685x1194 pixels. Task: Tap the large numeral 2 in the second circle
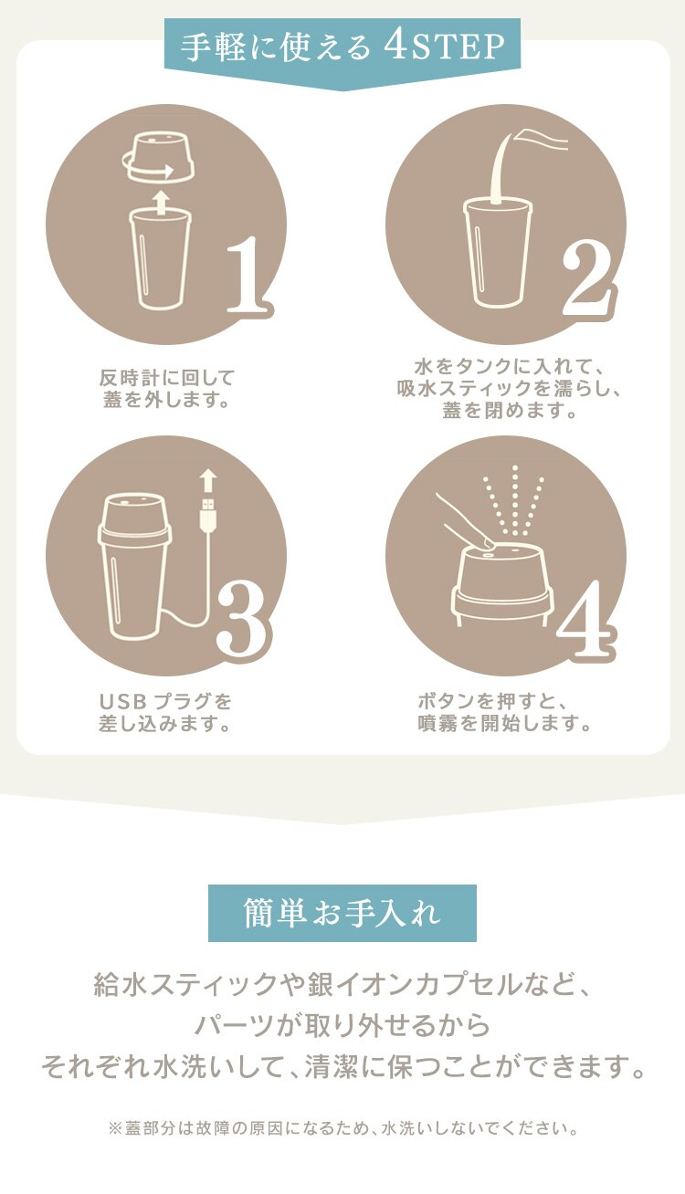585,275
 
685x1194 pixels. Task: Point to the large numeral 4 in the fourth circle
585,620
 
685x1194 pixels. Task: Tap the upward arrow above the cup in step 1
162,201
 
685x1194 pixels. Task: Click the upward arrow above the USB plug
207,480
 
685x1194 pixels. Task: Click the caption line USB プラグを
165,702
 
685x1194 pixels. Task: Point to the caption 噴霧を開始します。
505,724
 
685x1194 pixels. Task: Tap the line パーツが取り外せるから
342,1026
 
